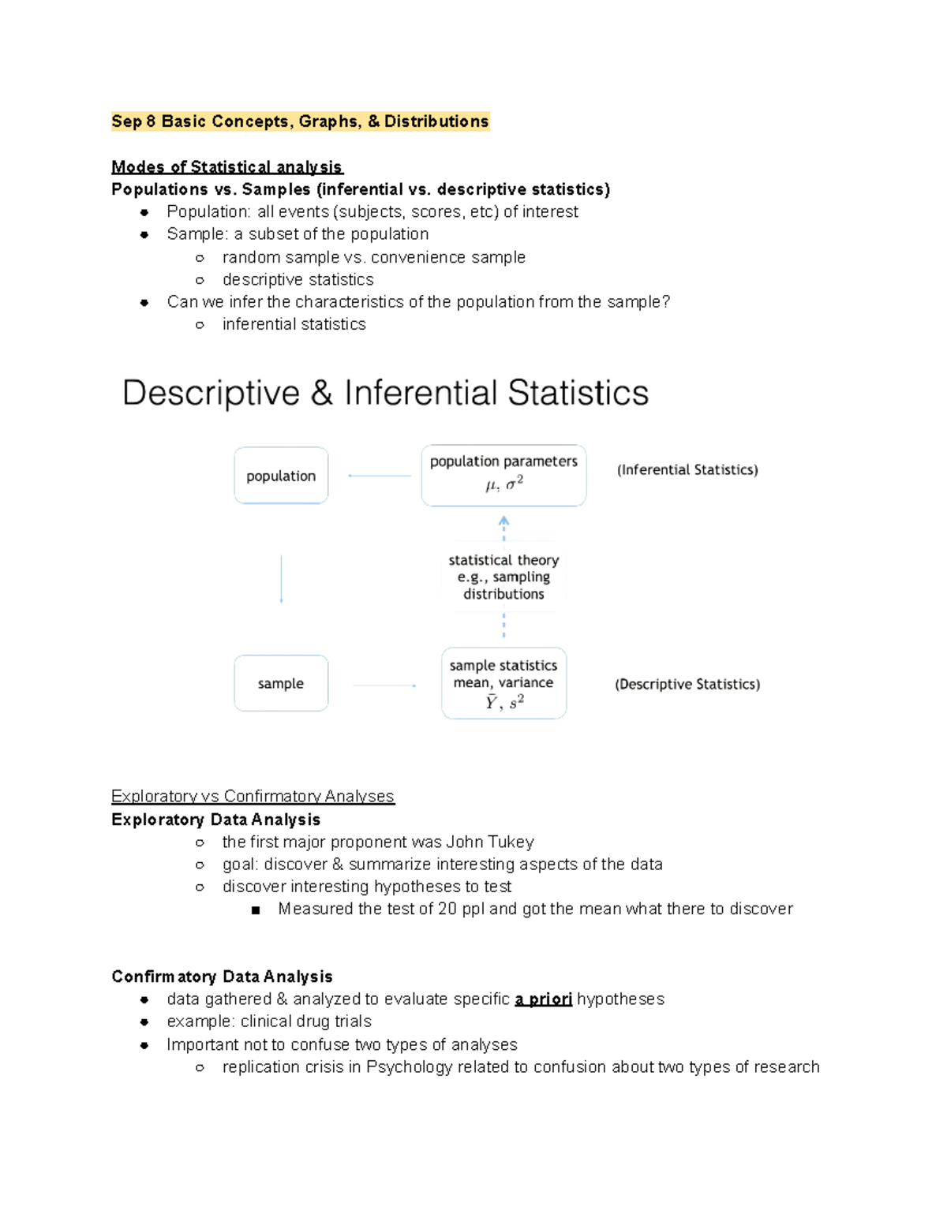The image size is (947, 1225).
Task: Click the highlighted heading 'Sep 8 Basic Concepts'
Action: click(300, 121)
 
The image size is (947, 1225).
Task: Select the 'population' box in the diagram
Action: click(281, 476)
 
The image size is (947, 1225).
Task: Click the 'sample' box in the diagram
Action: click(281, 683)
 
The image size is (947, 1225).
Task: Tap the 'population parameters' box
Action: click(503, 475)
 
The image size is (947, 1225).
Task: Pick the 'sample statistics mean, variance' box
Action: click(503, 683)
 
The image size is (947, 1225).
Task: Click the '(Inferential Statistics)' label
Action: click(687, 470)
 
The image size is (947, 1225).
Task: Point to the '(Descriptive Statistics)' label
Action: click(687, 685)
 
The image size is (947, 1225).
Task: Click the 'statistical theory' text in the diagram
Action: click(503, 561)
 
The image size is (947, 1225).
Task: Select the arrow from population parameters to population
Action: click(379, 476)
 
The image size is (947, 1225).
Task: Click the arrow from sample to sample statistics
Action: click(384, 685)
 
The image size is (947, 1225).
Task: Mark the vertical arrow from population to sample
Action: click(282, 579)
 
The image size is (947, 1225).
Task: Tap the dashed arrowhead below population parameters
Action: click(503, 521)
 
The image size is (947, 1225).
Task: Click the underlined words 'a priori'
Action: click(543, 999)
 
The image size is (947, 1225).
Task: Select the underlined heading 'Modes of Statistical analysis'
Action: click(226, 167)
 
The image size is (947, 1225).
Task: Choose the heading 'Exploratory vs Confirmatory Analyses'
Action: click(253, 797)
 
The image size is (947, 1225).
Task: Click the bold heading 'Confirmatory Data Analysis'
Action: click(222, 977)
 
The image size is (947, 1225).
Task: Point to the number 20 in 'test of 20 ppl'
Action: click(447, 909)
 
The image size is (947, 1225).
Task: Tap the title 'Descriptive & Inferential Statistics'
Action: click(385, 393)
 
